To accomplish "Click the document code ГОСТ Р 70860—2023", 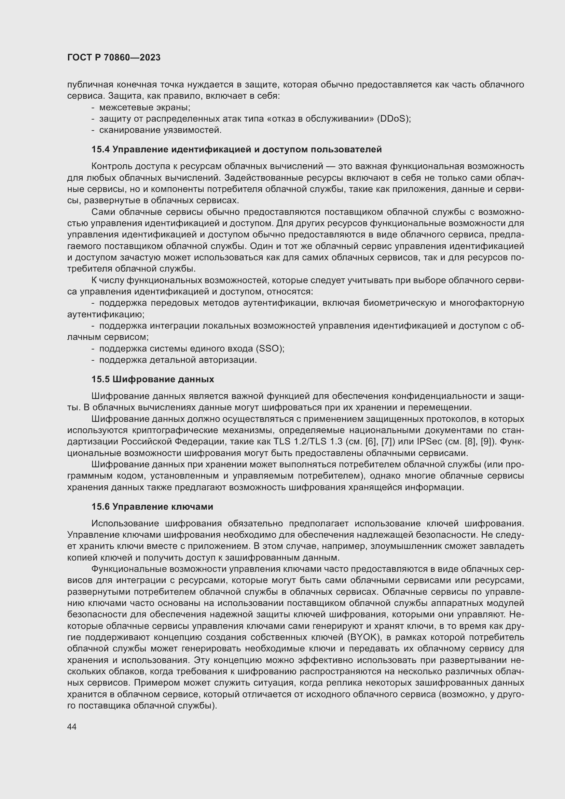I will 114,57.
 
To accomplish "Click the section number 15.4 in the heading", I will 100,149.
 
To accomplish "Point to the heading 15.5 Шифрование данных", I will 153,379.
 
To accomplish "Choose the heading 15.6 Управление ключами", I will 152,506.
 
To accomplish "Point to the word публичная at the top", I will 90,85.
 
